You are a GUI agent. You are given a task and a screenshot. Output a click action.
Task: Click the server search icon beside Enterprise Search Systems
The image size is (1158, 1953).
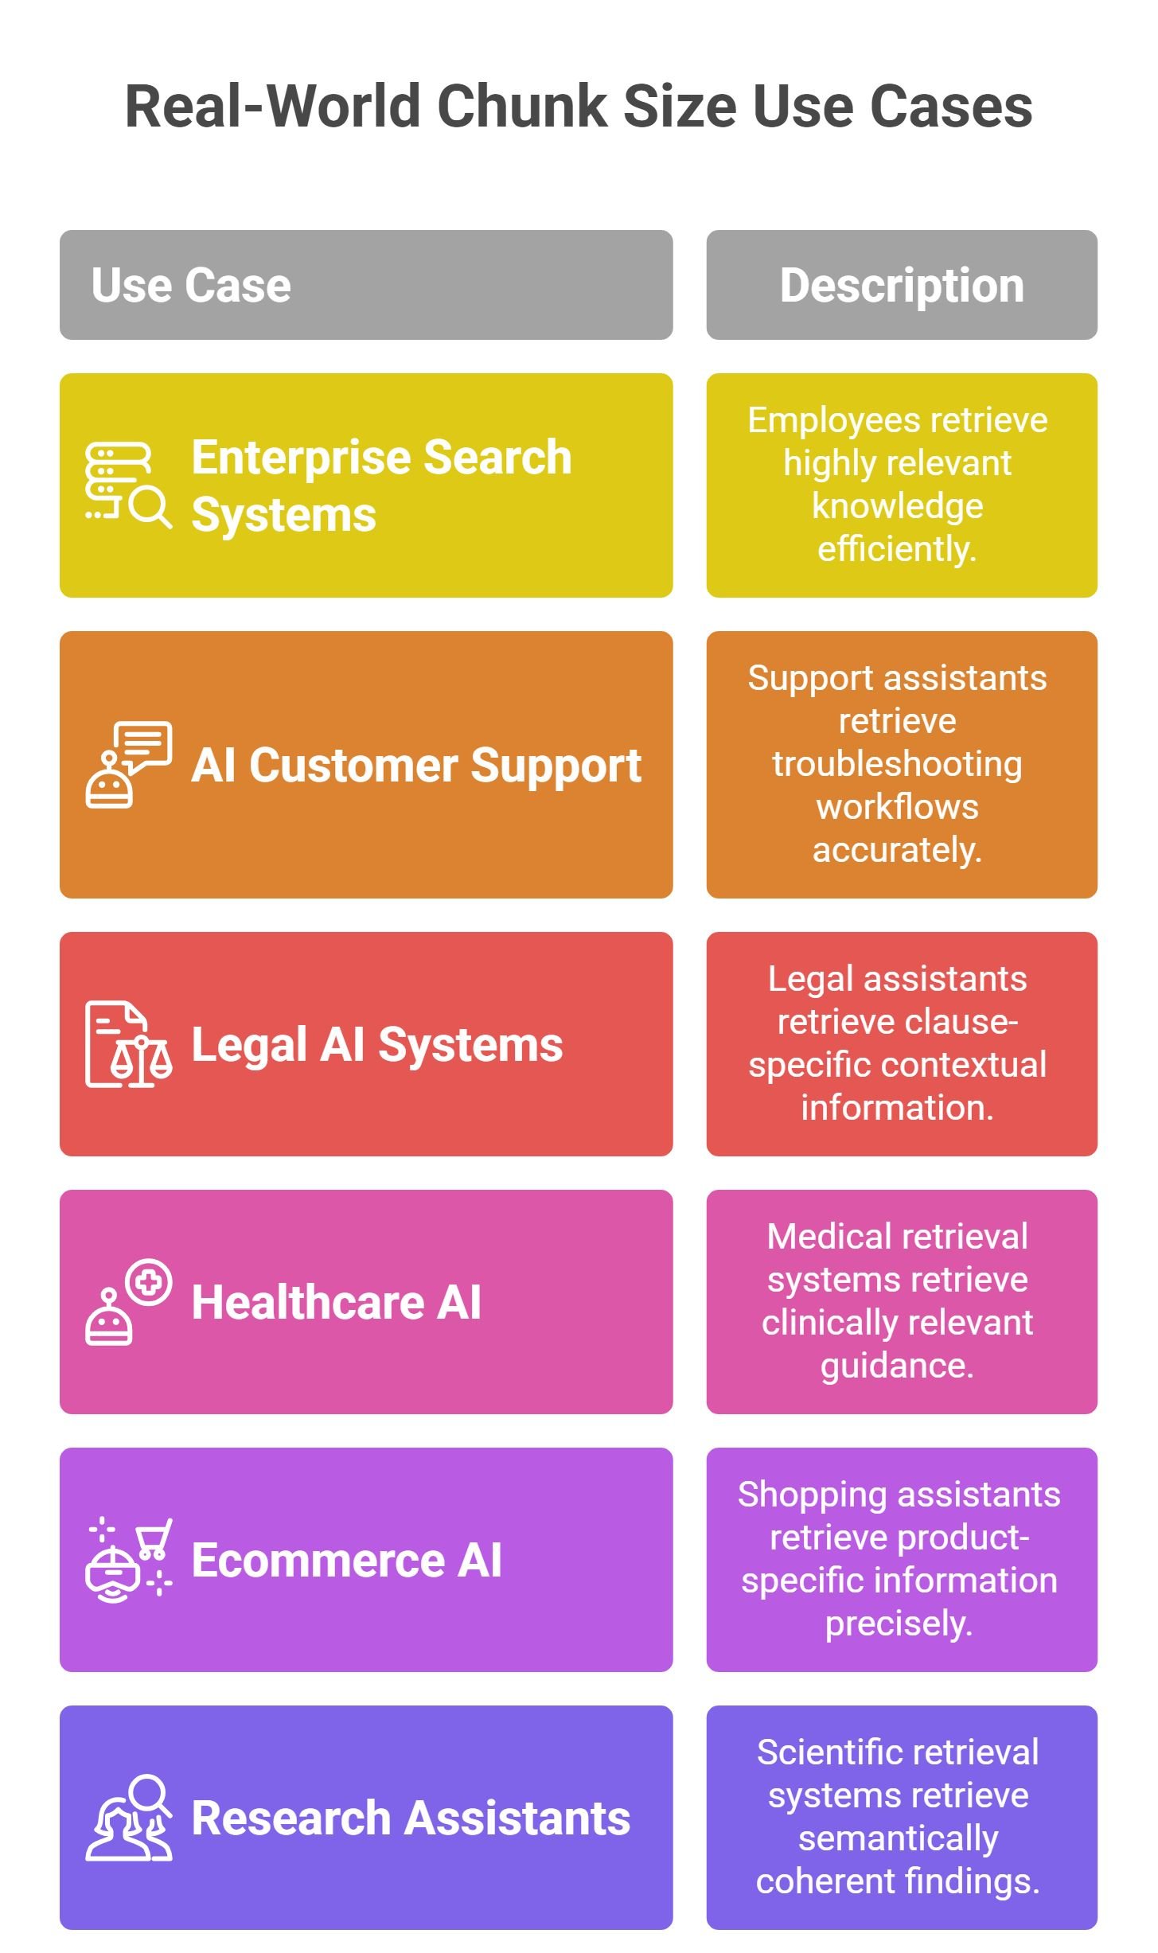point(128,485)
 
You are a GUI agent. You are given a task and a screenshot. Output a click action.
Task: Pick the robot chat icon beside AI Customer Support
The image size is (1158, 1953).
point(128,764)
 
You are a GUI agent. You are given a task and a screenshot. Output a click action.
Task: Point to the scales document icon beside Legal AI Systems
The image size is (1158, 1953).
point(128,1043)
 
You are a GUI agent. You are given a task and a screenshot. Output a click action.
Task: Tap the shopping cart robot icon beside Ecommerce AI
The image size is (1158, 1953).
point(128,1559)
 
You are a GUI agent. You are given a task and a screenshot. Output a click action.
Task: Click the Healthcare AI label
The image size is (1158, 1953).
point(337,1302)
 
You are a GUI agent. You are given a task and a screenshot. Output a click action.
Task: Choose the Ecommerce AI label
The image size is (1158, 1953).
point(347,1560)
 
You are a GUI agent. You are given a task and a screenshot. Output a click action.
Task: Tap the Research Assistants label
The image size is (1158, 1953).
point(411,1818)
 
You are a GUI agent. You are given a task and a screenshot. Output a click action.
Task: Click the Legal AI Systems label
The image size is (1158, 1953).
point(377,1045)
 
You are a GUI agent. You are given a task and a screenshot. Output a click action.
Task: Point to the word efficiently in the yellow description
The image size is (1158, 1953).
point(897,548)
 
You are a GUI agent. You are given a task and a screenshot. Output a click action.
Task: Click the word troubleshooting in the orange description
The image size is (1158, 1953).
point(897,764)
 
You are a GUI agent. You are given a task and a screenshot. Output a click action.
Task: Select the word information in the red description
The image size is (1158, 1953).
point(897,1107)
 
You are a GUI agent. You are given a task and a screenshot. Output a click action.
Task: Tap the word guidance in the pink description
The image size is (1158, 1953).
point(897,1366)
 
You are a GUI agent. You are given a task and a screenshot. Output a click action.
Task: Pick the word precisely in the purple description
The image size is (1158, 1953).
point(899,1624)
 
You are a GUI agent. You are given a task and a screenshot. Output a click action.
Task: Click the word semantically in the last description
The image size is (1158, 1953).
point(898,1838)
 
